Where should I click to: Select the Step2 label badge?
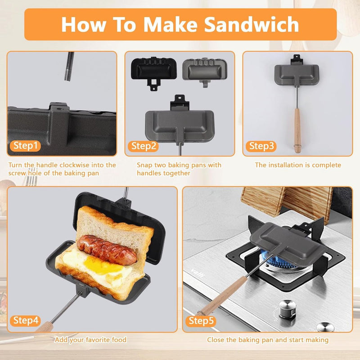144,146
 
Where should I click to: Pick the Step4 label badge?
26,321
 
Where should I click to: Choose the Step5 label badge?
201,321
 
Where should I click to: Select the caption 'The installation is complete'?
298,165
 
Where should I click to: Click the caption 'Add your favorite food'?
90,340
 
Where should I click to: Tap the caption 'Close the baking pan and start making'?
267,340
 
